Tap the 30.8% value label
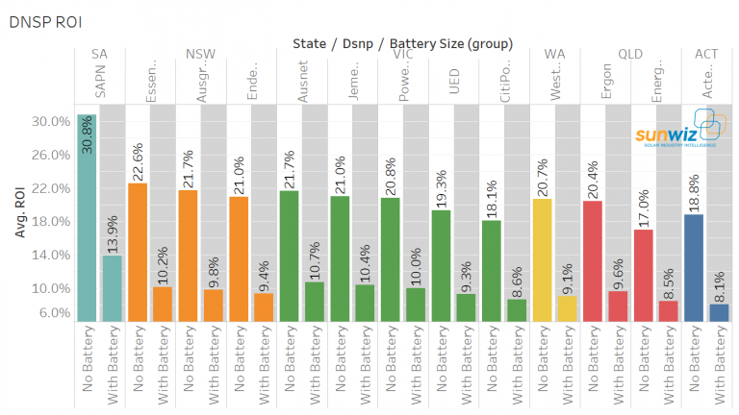point(87,137)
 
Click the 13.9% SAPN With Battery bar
point(113,287)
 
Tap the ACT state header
point(706,54)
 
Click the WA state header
point(554,54)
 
